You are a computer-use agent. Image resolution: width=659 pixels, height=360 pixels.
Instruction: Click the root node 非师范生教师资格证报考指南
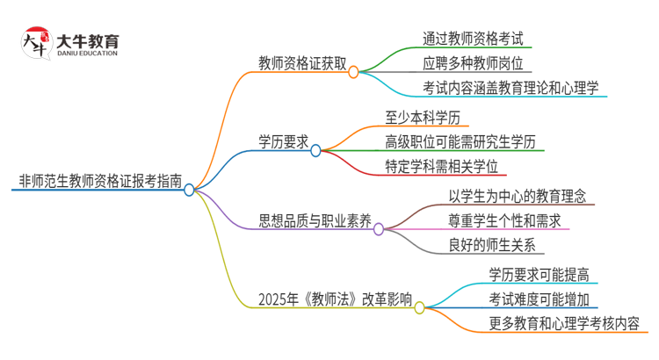tap(100, 183)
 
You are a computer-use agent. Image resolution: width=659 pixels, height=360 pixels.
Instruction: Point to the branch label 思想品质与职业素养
tap(315, 220)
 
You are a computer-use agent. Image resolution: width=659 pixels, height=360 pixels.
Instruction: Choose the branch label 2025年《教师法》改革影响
tap(336, 299)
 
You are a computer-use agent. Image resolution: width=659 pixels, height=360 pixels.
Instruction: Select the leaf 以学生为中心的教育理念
tap(517, 195)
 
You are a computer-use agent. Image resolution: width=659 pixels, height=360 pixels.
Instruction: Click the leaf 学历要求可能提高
tap(539, 274)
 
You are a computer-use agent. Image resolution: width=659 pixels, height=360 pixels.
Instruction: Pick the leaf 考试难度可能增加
tap(539, 299)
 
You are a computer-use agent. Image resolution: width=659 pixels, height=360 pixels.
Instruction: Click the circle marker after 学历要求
tap(315, 151)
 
